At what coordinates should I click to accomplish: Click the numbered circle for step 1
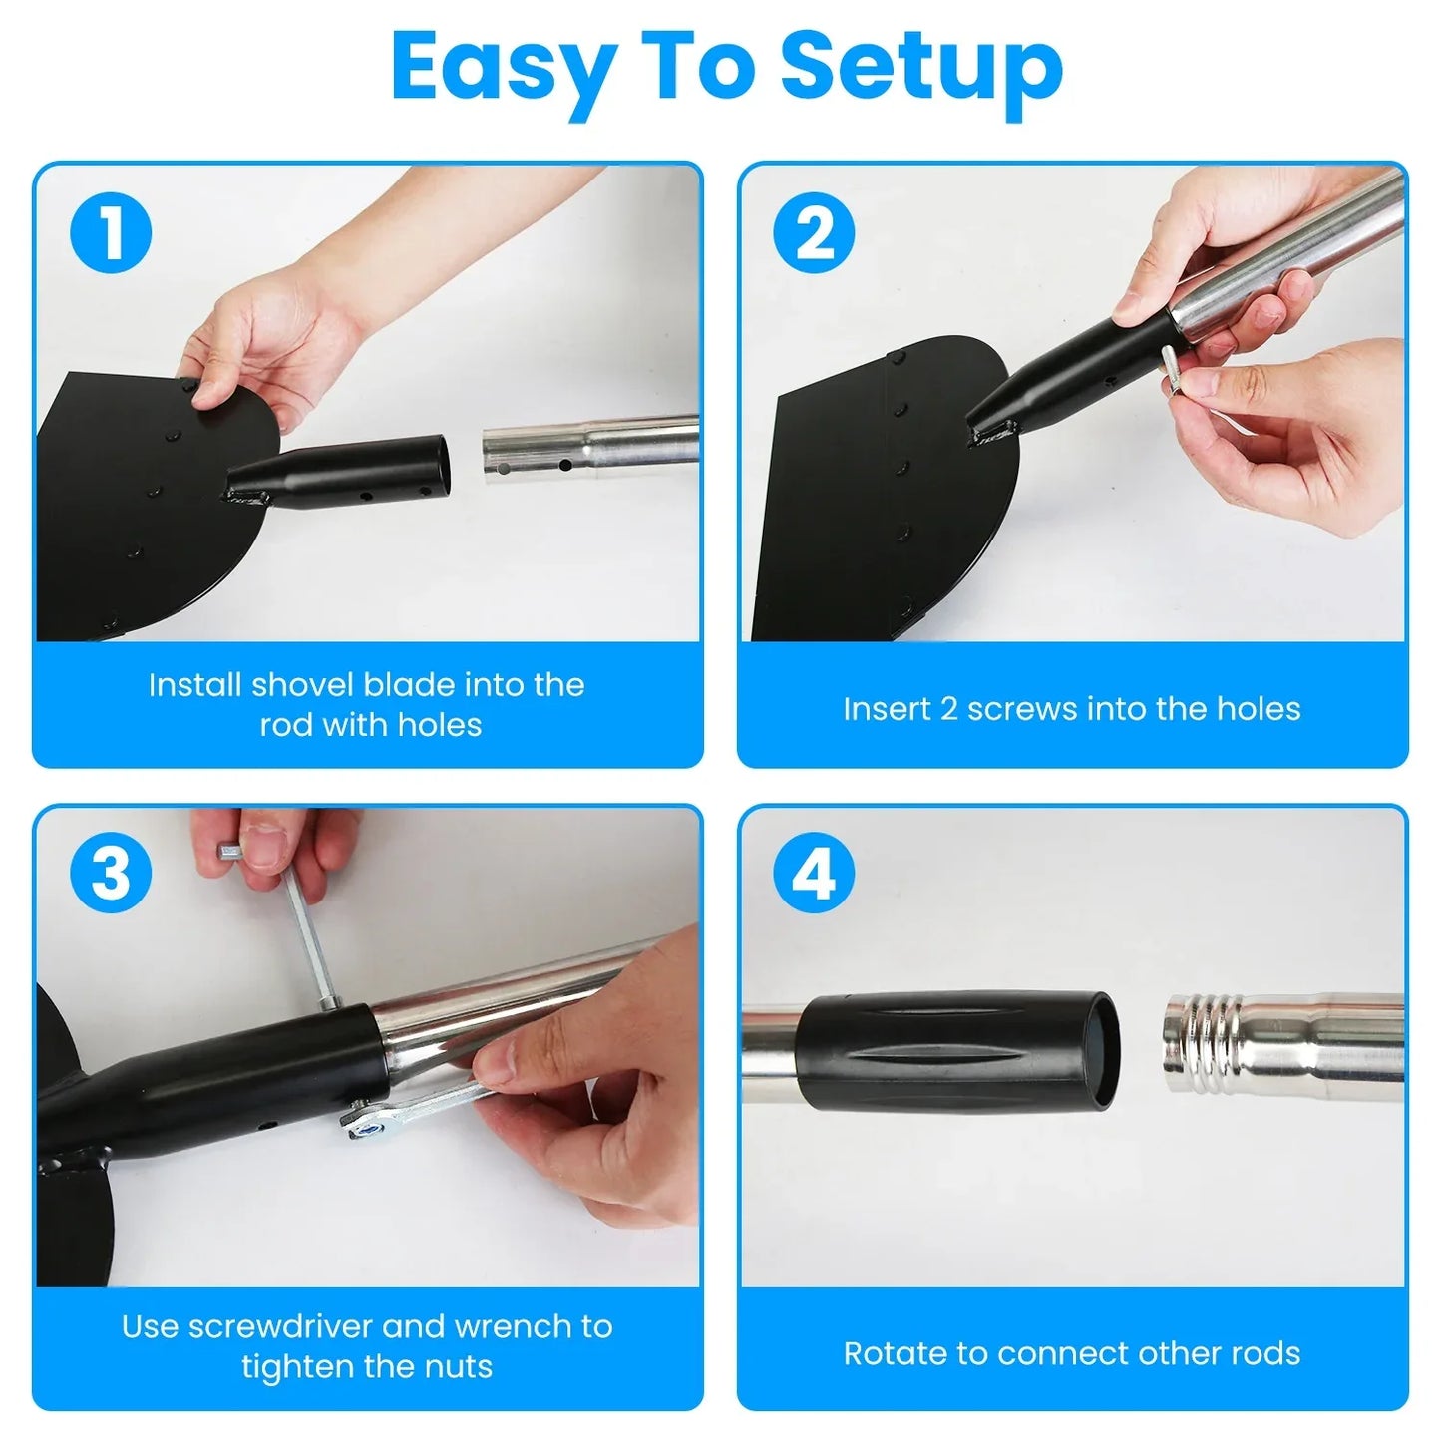coord(111,233)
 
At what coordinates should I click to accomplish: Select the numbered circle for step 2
coord(815,233)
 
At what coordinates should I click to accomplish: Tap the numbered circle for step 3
coord(111,873)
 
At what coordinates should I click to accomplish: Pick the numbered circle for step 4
coord(815,873)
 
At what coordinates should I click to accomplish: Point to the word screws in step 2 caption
coord(1022,709)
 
